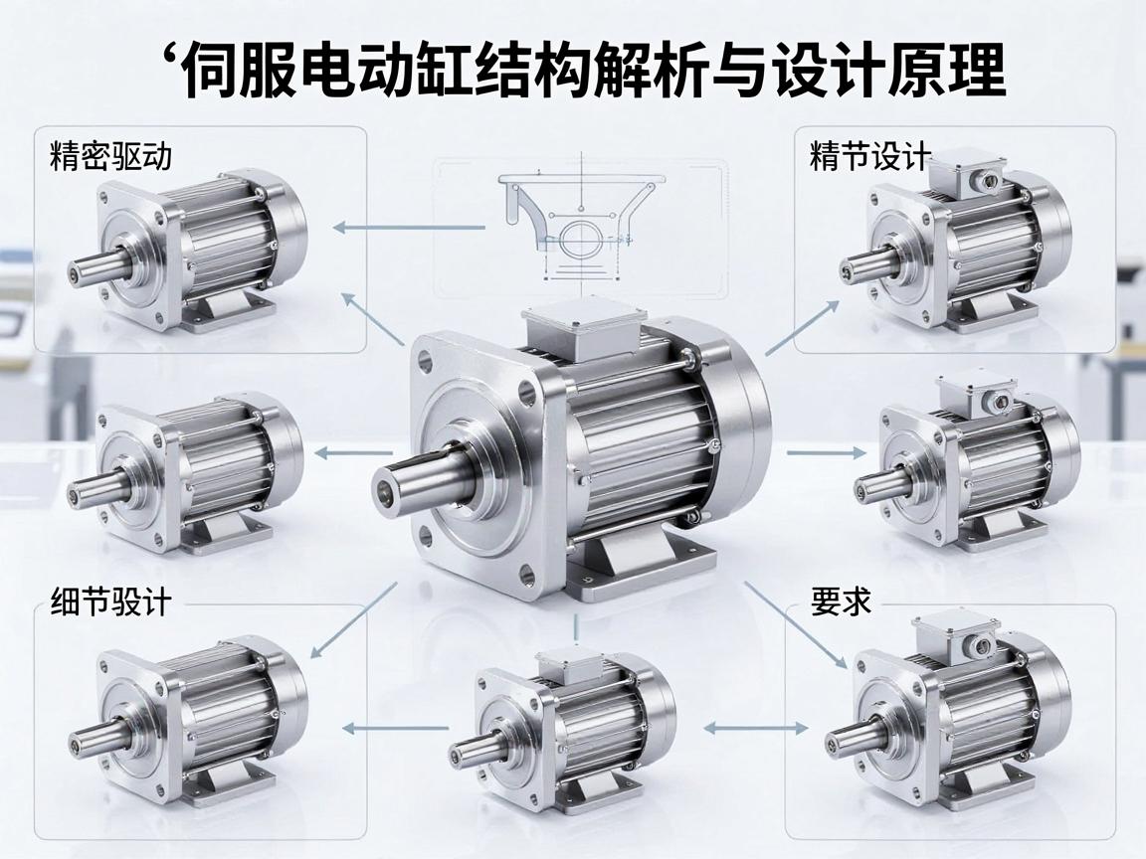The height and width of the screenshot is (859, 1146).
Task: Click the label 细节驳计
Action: [111, 602]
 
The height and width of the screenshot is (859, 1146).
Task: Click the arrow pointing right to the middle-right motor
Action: [826, 453]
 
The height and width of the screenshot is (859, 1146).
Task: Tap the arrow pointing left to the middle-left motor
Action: [354, 453]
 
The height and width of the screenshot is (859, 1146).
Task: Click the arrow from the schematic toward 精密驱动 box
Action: [409, 228]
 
